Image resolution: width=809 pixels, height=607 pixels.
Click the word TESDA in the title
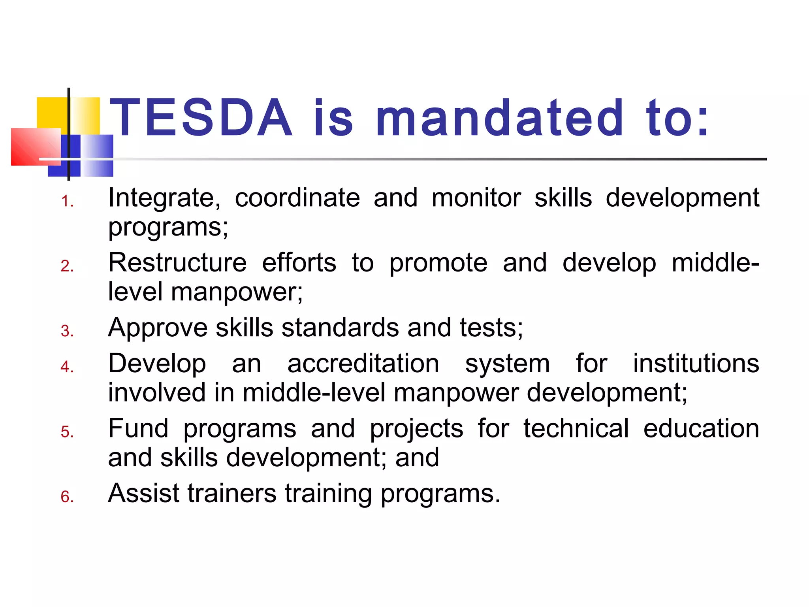pos(201,118)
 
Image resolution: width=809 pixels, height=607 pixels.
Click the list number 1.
pos(67,202)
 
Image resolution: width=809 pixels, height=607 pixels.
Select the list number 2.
pos(67,266)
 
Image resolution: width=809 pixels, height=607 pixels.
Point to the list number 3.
pos(67,331)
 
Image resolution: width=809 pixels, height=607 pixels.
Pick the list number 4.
pos(67,367)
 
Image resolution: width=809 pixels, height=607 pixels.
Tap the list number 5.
pos(67,432)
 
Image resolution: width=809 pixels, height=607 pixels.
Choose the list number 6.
pos(67,497)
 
